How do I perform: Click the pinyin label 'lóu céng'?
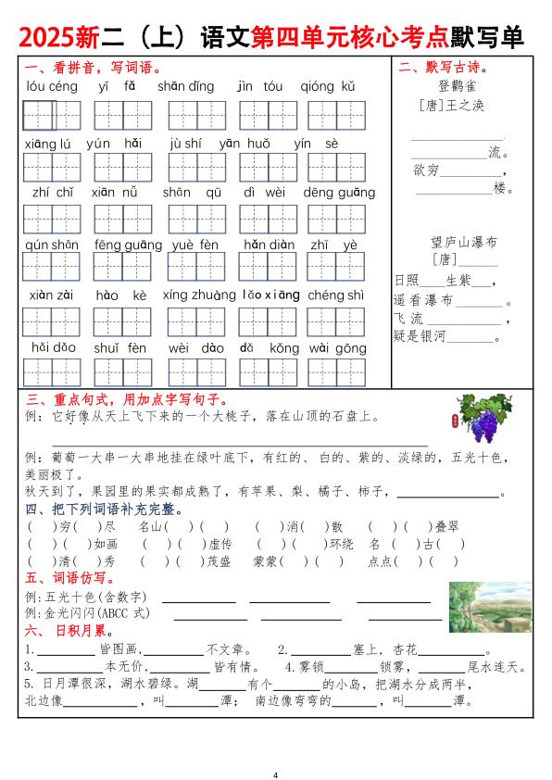pos(50,87)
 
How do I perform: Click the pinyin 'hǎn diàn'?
pos(269,245)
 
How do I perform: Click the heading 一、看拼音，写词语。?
pos(93,68)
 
